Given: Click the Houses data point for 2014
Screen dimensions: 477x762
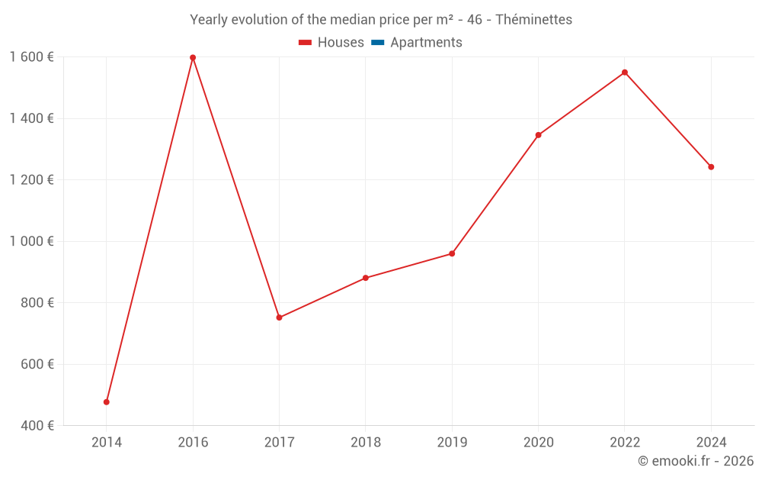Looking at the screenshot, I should [107, 401].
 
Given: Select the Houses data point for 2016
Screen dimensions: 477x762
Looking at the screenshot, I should [193, 57].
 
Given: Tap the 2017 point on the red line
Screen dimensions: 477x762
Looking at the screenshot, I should [279, 317].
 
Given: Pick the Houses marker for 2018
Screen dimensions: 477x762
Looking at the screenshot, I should [366, 278].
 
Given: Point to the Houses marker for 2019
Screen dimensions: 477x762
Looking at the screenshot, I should [452, 253].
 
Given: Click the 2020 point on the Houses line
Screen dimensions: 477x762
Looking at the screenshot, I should [538, 135].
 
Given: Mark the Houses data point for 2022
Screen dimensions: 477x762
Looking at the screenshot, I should [625, 73].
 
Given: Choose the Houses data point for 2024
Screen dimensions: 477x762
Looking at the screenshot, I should [711, 166].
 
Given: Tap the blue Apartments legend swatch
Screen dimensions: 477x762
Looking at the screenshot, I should [377, 43].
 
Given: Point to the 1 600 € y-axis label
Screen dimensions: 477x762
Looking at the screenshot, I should [31, 56].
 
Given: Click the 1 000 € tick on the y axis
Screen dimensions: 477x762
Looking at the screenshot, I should [31, 241].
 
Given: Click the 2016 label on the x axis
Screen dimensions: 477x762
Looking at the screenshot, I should [193, 442].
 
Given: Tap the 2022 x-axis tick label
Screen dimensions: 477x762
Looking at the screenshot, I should [625, 442].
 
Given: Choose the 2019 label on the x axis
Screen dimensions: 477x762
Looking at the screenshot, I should [452, 442].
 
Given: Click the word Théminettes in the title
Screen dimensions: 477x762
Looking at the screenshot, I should [533, 20].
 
